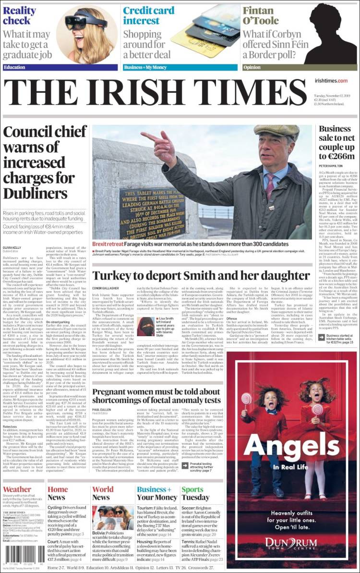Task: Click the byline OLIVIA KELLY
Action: (13, 247)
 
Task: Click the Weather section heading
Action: (17, 490)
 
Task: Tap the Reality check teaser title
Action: (20, 16)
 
